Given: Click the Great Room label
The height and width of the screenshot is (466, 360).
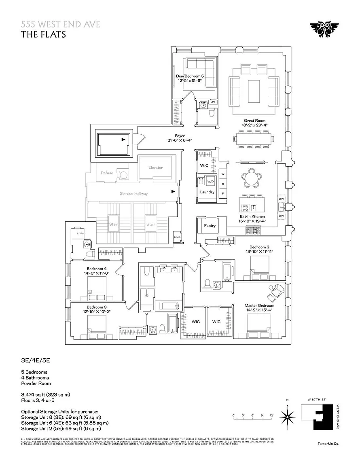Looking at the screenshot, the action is pos(255,121).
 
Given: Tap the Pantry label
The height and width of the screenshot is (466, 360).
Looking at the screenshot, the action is pos(210,226).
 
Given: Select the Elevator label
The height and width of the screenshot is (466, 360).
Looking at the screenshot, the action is pos(155,167).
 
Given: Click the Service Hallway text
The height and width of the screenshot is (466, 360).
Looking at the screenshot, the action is pos(133,193).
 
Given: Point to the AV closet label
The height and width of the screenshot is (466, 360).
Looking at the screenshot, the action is pos(213,102).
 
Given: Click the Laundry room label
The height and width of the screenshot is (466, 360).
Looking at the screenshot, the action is pos(207,192).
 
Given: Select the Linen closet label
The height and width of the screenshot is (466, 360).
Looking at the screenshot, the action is pos(177,237).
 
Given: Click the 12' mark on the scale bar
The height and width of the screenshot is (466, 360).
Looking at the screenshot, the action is pos(272,415).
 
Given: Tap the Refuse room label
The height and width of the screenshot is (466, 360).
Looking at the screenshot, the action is pos(107,173).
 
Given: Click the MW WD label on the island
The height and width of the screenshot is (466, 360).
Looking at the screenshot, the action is pos(245,208).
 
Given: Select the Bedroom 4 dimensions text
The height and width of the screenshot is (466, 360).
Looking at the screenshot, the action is pos(97,274).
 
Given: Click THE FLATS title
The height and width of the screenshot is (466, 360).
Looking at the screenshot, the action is pos(44,34).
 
